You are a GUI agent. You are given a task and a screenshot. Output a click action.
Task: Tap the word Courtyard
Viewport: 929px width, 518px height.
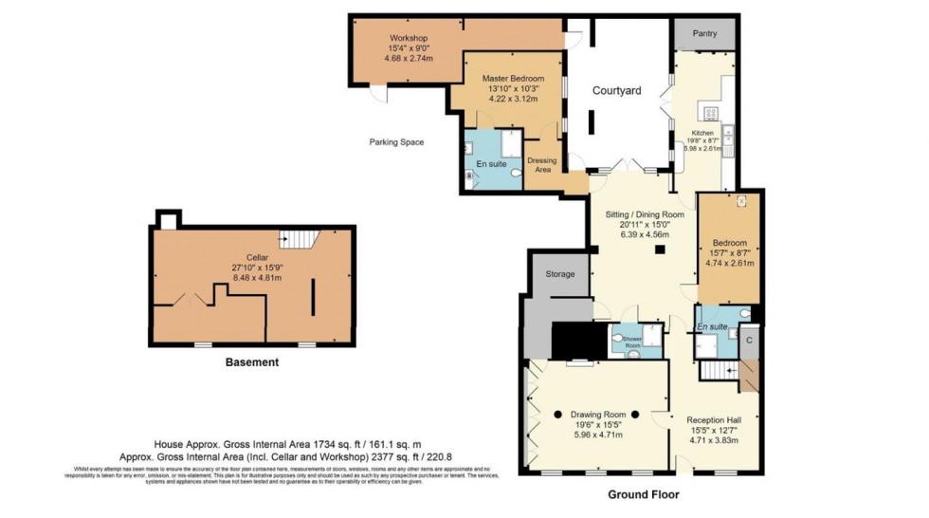coord(617,91)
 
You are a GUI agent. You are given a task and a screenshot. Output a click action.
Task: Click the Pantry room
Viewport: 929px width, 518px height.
coord(704,34)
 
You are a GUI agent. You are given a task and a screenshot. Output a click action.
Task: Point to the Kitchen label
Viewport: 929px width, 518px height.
coord(702,134)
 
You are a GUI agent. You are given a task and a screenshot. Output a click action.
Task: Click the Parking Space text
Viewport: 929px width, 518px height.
coord(396,142)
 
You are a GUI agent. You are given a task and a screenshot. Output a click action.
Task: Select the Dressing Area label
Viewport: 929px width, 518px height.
coord(542,165)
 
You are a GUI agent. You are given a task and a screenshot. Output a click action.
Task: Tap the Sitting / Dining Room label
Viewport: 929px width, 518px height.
coord(645,215)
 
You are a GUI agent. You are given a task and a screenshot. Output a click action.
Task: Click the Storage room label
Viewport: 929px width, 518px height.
coord(560,274)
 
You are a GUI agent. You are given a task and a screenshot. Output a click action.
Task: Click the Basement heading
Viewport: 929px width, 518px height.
coord(252,362)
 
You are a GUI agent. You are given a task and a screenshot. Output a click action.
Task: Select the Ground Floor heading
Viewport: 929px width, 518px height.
coord(643,494)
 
